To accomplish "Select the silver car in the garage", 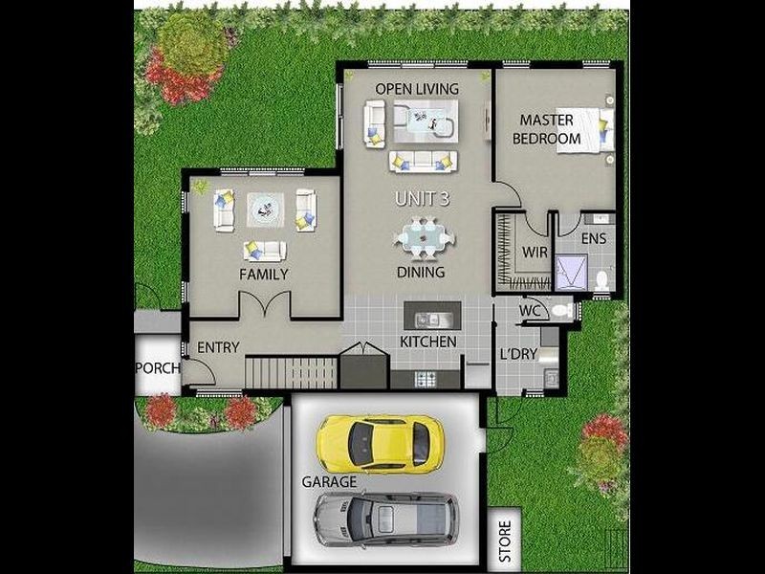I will click(x=384, y=520).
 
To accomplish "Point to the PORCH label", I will click(x=156, y=368).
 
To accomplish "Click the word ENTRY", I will click(x=218, y=347).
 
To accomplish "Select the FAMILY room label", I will click(x=264, y=275).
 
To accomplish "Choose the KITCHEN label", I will click(x=426, y=342).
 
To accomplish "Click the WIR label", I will click(x=534, y=253).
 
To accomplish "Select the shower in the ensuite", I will click(x=572, y=273).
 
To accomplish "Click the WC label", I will click(x=531, y=312).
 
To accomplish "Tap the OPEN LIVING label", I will click(x=416, y=89).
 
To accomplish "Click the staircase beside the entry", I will click(x=292, y=370).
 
